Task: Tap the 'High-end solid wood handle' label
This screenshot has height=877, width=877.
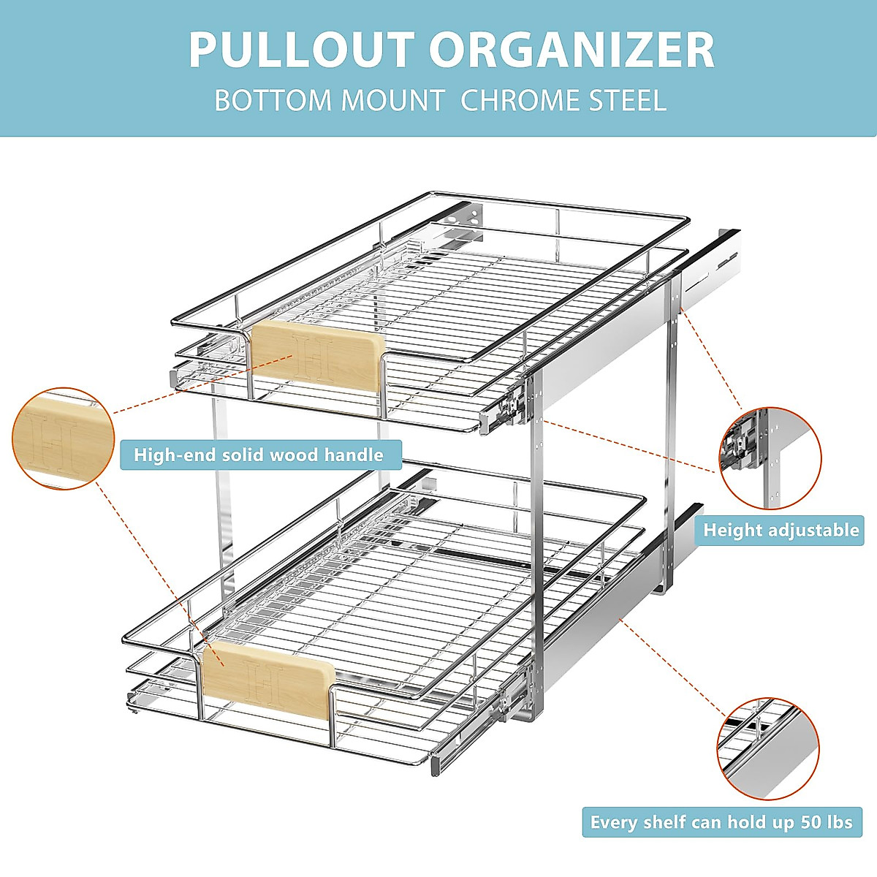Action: point(259,455)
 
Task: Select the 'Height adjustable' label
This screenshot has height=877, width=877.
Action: point(781,530)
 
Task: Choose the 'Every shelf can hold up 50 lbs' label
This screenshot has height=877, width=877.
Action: point(721,822)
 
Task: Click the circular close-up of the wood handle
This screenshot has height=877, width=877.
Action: point(64,438)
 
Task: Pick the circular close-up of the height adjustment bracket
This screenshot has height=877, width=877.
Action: point(770,458)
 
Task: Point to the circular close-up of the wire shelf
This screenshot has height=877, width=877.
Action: point(768,748)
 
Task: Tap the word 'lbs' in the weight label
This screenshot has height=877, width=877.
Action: point(840,822)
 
